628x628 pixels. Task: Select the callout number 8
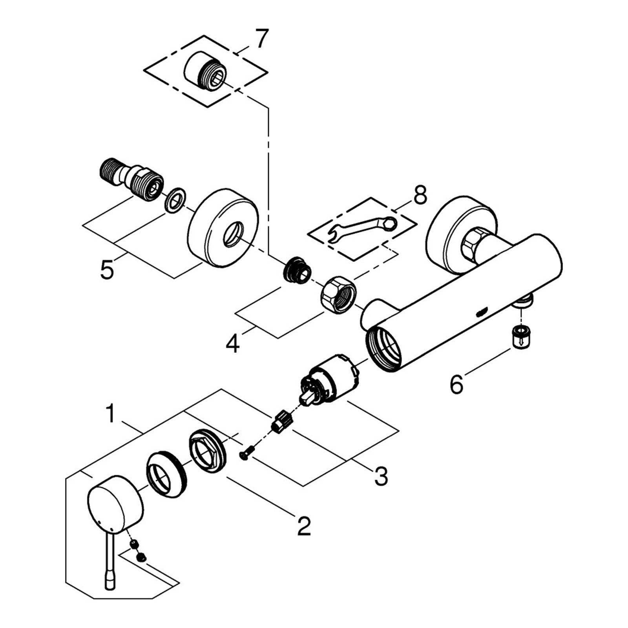(x=420, y=195)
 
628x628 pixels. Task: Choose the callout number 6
(x=456, y=384)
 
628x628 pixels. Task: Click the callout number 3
(x=381, y=476)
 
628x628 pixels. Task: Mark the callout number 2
(x=304, y=526)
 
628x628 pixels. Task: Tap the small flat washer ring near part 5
(x=175, y=201)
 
